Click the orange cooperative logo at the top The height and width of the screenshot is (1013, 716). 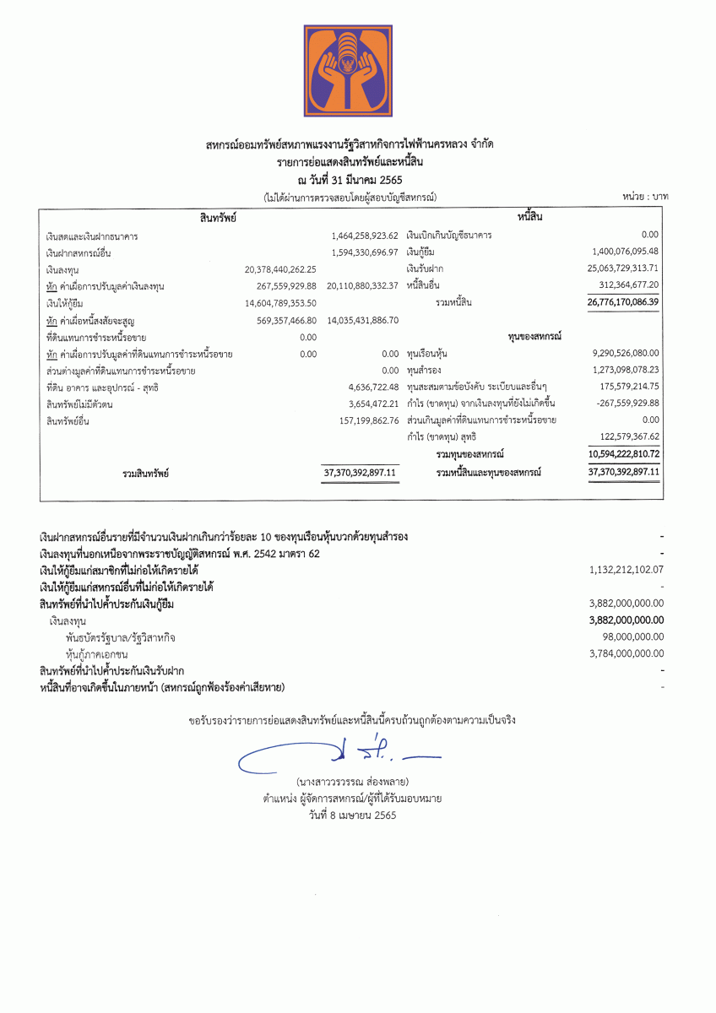coord(348,70)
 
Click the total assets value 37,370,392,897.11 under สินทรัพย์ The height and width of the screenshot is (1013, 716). coord(361,473)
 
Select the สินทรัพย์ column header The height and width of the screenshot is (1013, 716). coord(218,218)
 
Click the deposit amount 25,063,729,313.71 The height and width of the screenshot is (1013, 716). coord(623,268)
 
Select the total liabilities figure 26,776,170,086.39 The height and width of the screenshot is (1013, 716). coord(623,301)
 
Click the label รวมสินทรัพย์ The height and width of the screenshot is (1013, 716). coord(146,474)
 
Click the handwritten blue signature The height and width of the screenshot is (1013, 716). coord(338,754)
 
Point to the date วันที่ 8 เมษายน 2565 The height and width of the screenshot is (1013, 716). coord(352,815)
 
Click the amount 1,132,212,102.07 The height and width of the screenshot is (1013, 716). coord(626,570)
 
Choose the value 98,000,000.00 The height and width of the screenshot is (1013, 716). coord(632,637)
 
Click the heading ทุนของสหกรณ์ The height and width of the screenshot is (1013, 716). coord(536,336)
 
